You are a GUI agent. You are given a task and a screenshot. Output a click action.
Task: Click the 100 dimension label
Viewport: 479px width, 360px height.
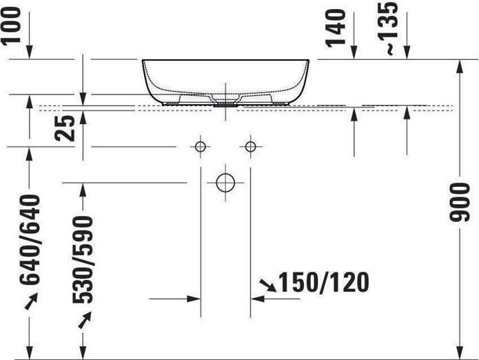point(11,26)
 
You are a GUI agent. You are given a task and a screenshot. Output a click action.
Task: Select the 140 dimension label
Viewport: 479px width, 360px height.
point(336,28)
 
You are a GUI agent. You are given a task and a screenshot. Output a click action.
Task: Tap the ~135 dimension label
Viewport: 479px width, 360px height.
point(388,28)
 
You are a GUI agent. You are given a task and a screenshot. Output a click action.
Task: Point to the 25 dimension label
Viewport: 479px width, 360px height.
point(65,128)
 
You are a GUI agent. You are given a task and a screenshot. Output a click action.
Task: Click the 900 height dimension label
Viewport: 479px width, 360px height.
point(459,202)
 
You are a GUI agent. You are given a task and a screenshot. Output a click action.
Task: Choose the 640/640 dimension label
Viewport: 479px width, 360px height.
point(30,239)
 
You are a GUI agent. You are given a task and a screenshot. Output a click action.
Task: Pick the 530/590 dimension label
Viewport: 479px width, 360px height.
point(83,260)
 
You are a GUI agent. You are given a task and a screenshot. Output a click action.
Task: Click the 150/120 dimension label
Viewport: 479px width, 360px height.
point(324,282)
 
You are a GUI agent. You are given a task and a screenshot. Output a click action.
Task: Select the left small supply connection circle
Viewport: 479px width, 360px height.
point(201,147)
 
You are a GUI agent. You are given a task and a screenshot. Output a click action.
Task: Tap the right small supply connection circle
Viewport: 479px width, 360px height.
point(250,147)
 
